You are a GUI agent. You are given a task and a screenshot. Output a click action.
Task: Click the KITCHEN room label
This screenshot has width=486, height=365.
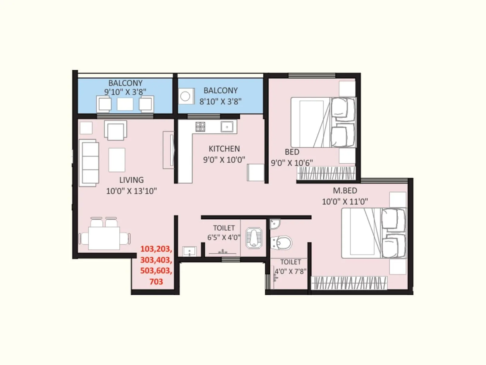pyautogui.click(x=224, y=149)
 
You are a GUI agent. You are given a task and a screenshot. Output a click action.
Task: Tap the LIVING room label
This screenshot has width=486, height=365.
pyautogui.click(x=131, y=180)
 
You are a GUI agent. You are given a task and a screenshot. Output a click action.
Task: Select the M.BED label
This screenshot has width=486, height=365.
pyautogui.click(x=345, y=191)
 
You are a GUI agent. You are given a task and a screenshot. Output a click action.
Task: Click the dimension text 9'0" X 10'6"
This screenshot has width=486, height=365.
pyautogui.click(x=292, y=163)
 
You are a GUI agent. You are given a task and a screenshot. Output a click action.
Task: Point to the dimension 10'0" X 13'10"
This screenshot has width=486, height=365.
pyautogui.click(x=131, y=191)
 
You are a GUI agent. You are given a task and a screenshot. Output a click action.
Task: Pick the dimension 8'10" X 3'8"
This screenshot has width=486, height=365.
pyautogui.click(x=220, y=102)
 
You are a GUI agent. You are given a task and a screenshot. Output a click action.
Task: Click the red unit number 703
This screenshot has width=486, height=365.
pyautogui.click(x=156, y=282)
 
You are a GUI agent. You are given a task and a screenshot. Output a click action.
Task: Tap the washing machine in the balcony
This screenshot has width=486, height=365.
pyautogui.click(x=186, y=96)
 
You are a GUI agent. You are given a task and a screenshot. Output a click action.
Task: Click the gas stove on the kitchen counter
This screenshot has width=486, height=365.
pyautogui.click(x=200, y=127)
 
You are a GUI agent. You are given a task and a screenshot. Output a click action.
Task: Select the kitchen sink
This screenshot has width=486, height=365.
pyautogui.click(x=227, y=127)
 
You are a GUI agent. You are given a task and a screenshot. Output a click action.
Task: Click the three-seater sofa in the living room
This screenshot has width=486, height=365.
pyautogui.click(x=89, y=163)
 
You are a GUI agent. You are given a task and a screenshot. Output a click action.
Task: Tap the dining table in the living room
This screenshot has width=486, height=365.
pyautogui.click(x=104, y=238)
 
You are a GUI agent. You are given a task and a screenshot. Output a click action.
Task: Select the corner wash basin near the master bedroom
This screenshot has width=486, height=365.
pyautogui.click(x=275, y=224)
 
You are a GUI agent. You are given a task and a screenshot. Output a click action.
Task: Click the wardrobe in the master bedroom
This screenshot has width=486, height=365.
pyautogui.click(x=349, y=283)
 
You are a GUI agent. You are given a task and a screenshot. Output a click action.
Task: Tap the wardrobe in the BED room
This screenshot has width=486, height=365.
pyautogui.click(x=326, y=173)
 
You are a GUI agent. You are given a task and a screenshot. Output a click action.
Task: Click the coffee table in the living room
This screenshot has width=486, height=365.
pyautogui.click(x=117, y=160)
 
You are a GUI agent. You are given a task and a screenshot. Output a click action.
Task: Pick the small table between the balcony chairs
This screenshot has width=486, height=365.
pyautogui.click(x=125, y=104)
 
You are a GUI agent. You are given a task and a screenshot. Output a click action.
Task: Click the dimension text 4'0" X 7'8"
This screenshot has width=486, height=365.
pyautogui.click(x=290, y=271)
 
